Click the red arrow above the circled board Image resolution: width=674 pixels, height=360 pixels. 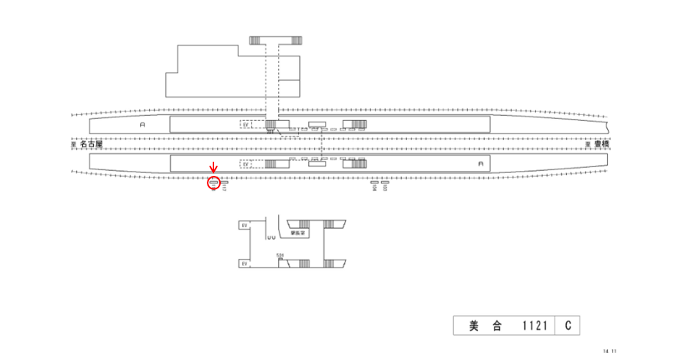tap(213, 170)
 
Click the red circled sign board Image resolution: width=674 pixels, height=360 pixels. tap(214, 183)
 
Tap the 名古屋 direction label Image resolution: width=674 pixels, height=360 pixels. tap(91, 145)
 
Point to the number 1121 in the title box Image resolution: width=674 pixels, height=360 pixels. tap(534, 326)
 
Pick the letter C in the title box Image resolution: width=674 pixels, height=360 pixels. tap(568, 326)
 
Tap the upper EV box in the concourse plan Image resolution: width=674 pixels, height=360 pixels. tap(243, 226)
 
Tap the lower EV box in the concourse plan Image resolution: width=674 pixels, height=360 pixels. tap(243, 263)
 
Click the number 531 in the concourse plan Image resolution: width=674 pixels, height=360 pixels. tap(279, 255)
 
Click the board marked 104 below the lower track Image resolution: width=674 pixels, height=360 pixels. tap(374, 183)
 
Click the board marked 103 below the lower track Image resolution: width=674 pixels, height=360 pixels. tap(384, 183)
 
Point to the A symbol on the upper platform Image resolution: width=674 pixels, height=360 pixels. tap(142, 125)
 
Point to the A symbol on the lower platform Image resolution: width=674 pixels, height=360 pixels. tap(480, 164)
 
